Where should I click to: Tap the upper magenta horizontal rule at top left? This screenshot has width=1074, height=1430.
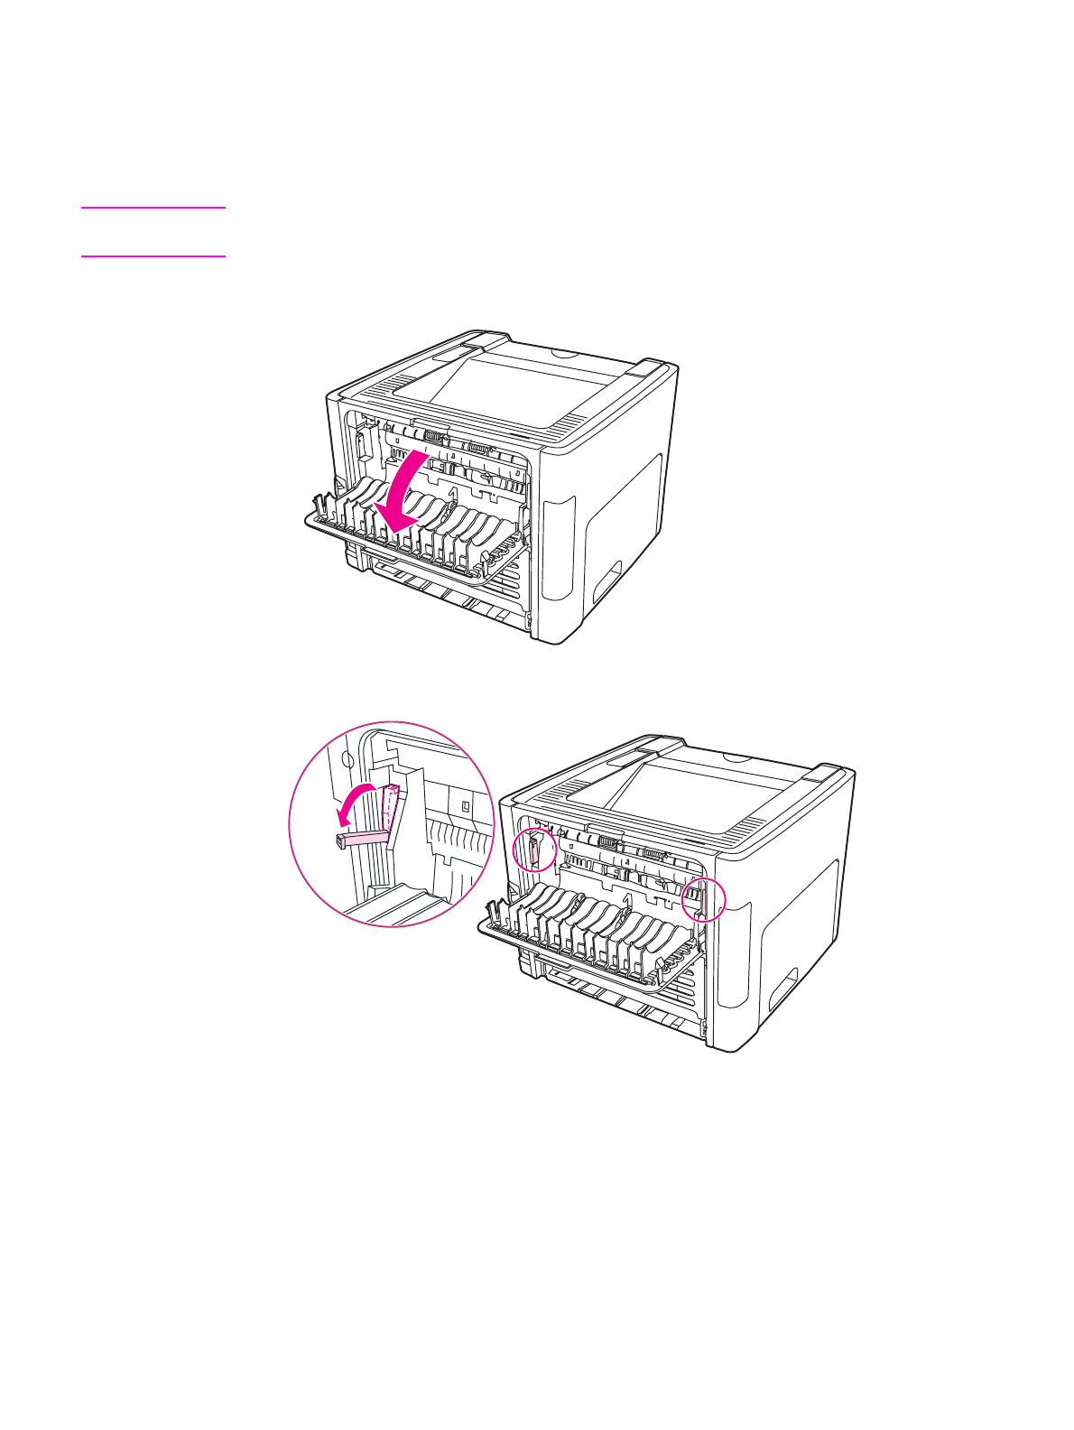[x=153, y=209]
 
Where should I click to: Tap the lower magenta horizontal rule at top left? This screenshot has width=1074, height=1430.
[x=153, y=256]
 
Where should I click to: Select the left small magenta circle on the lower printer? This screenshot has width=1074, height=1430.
[x=533, y=850]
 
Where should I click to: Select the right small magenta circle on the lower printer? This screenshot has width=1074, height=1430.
[x=703, y=899]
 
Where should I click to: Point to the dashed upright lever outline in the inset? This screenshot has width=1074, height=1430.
[x=390, y=805]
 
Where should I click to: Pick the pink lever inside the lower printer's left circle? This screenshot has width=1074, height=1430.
[x=533, y=850]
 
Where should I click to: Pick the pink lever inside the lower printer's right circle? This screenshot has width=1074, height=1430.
[x=697, y=899]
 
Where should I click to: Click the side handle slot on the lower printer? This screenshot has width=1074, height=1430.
[x=782, y=988]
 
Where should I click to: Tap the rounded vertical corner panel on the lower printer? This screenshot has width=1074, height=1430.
[x=733, y=957]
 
